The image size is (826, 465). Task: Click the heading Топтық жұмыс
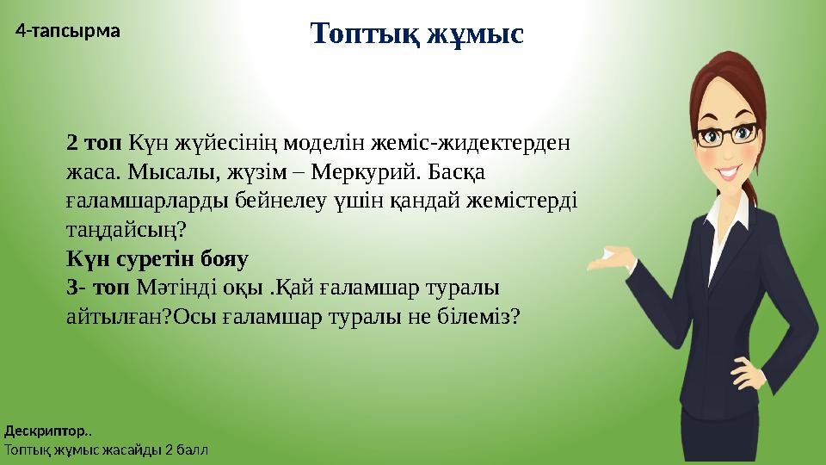pos(416,35)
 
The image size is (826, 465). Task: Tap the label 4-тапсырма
pos(69,31)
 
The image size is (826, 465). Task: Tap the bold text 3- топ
pos(96,286)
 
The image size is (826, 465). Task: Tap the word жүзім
pos(254,172)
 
